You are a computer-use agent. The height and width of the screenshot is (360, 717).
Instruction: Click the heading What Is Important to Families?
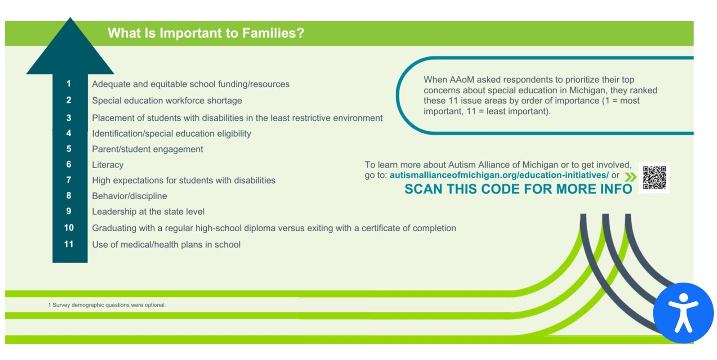pos(206,33)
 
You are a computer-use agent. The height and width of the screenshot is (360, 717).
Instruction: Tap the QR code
pos(655,178)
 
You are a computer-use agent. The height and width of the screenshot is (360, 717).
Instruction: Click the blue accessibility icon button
pos(683,313)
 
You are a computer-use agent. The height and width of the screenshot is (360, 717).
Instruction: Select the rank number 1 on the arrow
pos(69,83)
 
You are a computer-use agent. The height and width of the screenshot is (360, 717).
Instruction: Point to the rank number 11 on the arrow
pos(69,244)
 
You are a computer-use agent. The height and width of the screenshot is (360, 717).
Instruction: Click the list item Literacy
pos(108,165)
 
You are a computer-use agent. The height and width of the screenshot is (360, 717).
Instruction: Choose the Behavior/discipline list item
pos(130,196)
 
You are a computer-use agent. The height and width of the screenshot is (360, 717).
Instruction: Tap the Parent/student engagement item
pos(147,149)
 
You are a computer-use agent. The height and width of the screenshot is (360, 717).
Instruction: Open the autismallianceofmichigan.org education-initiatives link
pos(499,175)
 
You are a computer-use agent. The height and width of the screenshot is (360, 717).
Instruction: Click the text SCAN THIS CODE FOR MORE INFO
pos(518,189)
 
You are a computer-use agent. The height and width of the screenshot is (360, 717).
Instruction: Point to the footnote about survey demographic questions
pos(107,305)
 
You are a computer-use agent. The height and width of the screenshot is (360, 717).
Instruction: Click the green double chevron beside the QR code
pos(630,177)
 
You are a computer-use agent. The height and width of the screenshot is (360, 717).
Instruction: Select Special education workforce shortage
pos(167,100)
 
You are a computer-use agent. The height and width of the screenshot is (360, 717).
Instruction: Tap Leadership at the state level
pos(148,212)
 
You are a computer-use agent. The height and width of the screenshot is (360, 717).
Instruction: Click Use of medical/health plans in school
pos(166,245)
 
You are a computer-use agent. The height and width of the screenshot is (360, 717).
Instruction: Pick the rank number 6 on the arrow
pos(69,164)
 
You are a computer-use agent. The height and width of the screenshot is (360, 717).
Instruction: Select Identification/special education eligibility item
pos(171,134)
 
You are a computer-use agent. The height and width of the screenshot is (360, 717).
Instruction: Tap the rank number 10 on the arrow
pos(69,227)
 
